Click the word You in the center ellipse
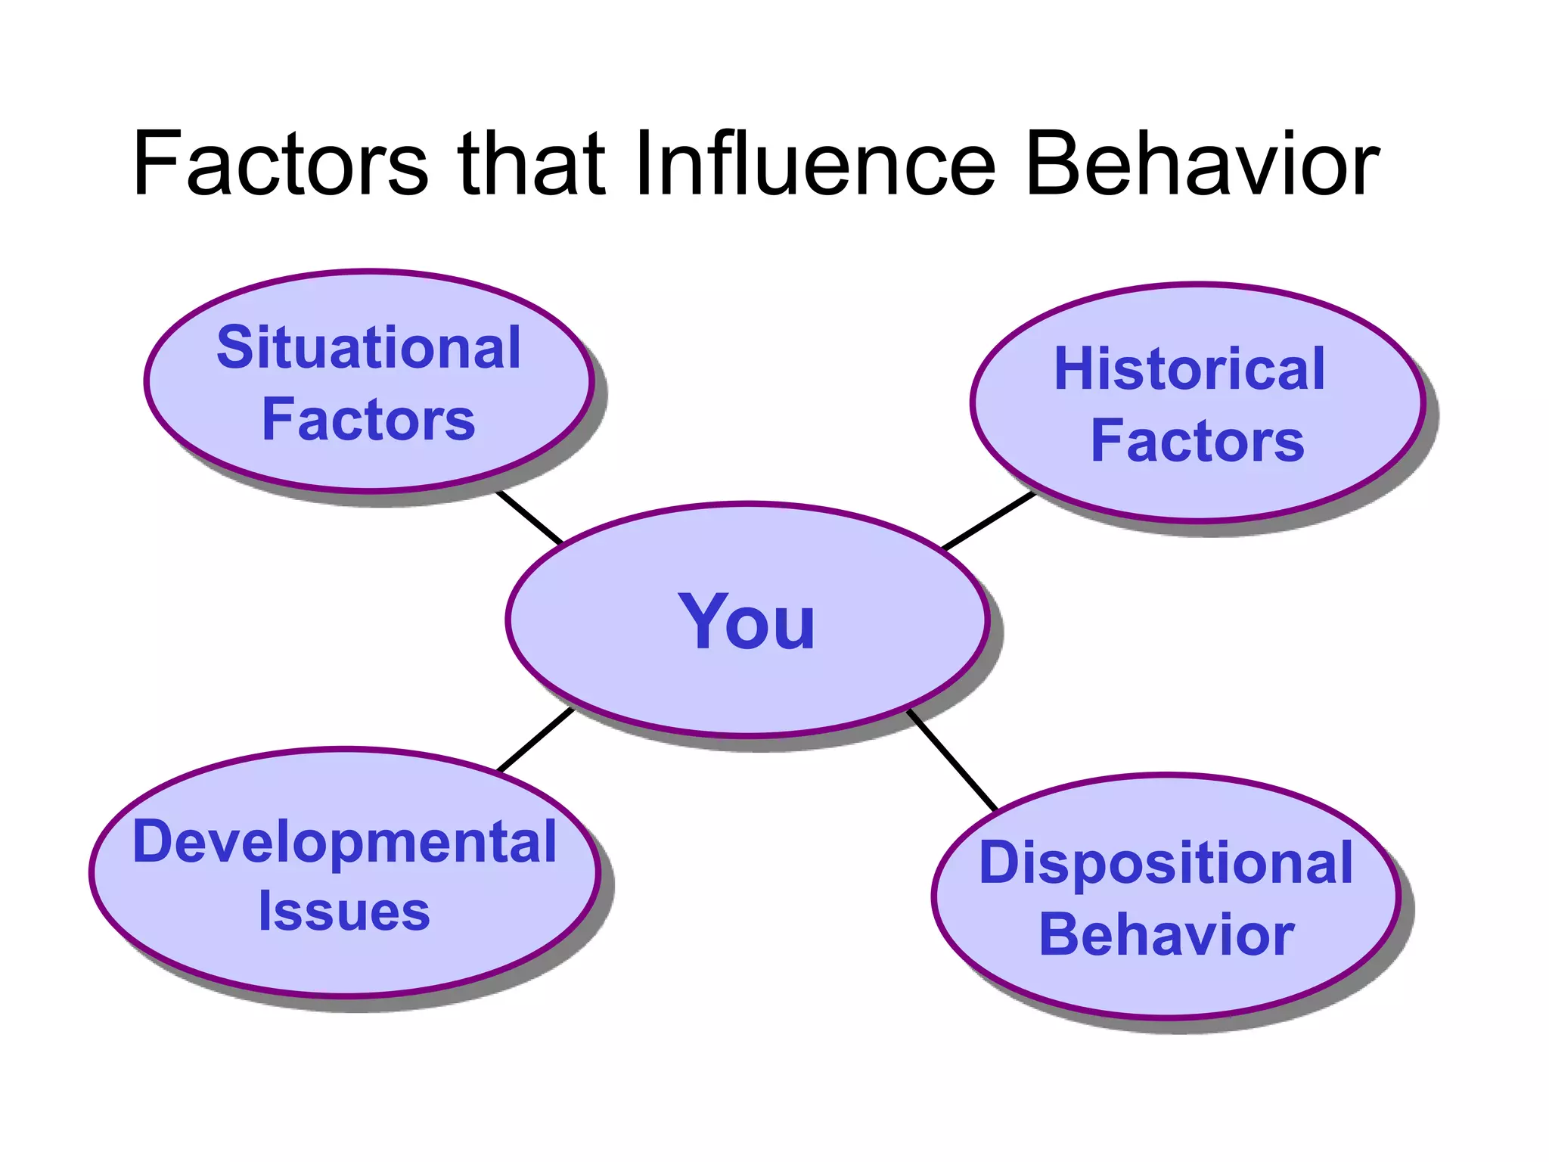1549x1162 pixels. (x=747, y=622)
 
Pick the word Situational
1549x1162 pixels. (x=369, y=348)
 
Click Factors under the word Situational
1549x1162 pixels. (x=368, y=420)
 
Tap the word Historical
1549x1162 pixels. (x=1190, y=369)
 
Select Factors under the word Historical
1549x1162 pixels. (x=1197, y=441)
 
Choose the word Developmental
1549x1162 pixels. (x=345, y=842)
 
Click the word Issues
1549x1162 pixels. (x=344, y=912)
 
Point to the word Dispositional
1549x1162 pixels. (x=1166, y=863)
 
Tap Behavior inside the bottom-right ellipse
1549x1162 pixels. (x=1166, y=936)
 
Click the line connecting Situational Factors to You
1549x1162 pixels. (x=529, y=517)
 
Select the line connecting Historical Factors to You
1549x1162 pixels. (x=988, y=521)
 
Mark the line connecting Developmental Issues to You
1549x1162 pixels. (x=535, y=740)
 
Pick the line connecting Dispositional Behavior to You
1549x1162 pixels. (x=953, y=761)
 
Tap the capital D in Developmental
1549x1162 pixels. (x=154, y=841)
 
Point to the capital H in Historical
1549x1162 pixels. (x=1076, y=369)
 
